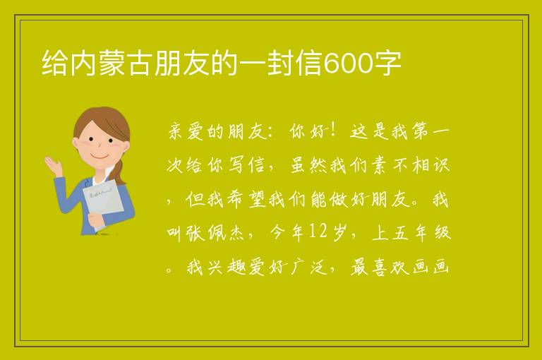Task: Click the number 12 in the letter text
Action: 318,232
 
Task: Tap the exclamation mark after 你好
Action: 334,131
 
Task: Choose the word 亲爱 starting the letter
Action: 186,131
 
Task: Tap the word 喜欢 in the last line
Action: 391,267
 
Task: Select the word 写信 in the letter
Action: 246,165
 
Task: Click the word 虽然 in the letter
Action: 308,165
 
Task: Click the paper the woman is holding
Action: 102,203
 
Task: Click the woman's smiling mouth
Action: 100,156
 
